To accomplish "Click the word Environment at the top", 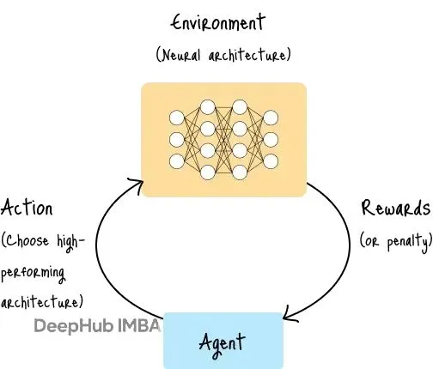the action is coord(218,22).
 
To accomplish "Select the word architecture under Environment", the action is coord(247,54).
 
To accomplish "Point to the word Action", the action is coord(27,208).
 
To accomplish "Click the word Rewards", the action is coord(396,208).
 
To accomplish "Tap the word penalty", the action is coord(408,242).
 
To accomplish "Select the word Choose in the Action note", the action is coord(27,240).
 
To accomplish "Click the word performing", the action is coord(33,274).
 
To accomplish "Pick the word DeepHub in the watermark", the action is coord(73,326).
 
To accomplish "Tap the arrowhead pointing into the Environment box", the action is coord(137,185).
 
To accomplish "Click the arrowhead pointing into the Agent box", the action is coord(290,314).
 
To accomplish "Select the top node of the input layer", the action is coord(176,118).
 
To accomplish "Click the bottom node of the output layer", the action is coord(271,161).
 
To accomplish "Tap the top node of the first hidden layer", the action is coord(208,107).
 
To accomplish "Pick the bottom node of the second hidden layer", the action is coord(240,172).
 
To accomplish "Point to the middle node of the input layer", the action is coord(176,140).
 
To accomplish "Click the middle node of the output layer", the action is coord(271,140).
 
